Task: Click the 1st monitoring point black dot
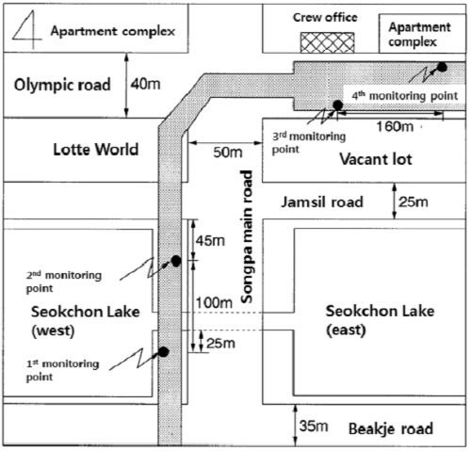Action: pos(163,352)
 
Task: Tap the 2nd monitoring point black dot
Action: pos(176,261)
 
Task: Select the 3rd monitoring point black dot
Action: pos(337,105)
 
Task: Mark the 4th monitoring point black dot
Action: pos(442,67)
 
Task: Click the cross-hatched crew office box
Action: pos(328,42)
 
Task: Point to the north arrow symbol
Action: pos(26,29)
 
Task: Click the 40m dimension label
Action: pos(145,84)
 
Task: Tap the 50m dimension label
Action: pos(228,153)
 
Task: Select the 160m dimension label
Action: pos(395,126)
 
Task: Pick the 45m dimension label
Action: pos(210,241)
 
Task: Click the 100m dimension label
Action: pos(214,303)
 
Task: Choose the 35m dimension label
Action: pos(314,427)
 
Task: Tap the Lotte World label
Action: pos(96,150)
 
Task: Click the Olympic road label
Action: pos(62,85)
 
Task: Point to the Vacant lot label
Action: pos(376,159)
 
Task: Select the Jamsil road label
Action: pos(322,201)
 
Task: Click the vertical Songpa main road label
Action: pos(247,236)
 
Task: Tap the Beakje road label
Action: pos(391,428)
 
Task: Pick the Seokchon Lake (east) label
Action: pos(380,320)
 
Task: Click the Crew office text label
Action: pos(325,18)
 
